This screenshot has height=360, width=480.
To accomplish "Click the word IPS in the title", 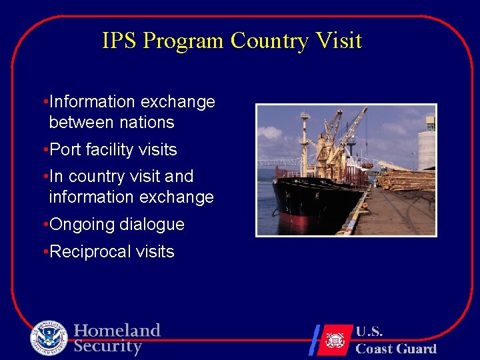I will [119, 41].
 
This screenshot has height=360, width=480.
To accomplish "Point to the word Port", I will [65, 150].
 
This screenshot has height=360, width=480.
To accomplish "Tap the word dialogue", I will [152, 225].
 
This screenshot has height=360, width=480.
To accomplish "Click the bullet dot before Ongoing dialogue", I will [44, 225].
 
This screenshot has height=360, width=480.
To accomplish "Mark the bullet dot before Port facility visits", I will [44, 150].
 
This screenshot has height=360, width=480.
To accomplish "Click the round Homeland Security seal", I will [49, 338].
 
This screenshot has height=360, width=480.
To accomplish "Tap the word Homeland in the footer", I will [117, 331].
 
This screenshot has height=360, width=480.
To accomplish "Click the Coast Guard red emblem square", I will [335, 340].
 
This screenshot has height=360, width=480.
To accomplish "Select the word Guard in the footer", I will [415, 349].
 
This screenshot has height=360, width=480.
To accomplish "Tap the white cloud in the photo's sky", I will [269, 133].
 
